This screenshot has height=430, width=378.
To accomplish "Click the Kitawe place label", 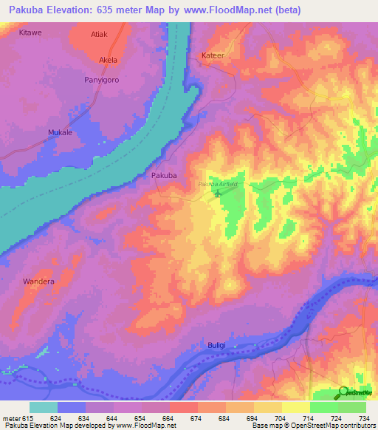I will pos(30,33).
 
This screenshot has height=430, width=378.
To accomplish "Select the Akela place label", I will pos(108,61).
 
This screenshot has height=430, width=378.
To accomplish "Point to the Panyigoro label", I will pos(101,79).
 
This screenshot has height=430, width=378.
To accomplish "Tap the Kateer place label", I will pos(213,56).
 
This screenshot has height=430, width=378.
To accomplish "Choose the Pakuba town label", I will pos(163,176).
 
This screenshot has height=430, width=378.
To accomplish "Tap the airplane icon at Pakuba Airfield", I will pos(218,194).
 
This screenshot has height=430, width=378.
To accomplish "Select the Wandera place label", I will pos(38,281).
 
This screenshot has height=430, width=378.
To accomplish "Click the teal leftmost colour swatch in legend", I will pos(44,407).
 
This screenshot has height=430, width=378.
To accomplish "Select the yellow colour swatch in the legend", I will pos(268,407).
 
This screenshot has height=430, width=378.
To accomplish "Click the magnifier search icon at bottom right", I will pos(343,392).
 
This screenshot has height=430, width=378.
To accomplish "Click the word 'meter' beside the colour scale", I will pos(11,418).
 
